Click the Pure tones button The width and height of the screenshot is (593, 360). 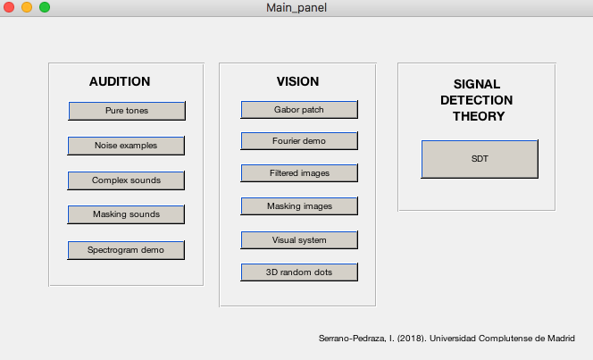127,111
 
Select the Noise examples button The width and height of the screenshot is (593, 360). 126,146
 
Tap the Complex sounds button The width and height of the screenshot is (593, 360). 126,180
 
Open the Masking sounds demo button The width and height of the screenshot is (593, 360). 126,214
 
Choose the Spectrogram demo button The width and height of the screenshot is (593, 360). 126,250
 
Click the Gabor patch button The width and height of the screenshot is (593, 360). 299,110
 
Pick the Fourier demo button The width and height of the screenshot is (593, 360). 299,141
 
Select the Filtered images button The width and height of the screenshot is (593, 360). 299,173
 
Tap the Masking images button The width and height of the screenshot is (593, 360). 299,206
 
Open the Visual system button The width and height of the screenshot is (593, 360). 299,240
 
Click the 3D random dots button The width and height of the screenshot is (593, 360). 299,272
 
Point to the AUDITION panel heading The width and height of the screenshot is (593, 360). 120,81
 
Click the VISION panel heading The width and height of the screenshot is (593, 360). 297,81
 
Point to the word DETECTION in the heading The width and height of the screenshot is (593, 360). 477,100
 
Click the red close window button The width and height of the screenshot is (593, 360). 9,7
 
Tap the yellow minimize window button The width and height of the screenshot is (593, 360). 27,7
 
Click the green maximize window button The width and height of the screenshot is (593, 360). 45,7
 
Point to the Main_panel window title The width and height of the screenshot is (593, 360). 296,7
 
